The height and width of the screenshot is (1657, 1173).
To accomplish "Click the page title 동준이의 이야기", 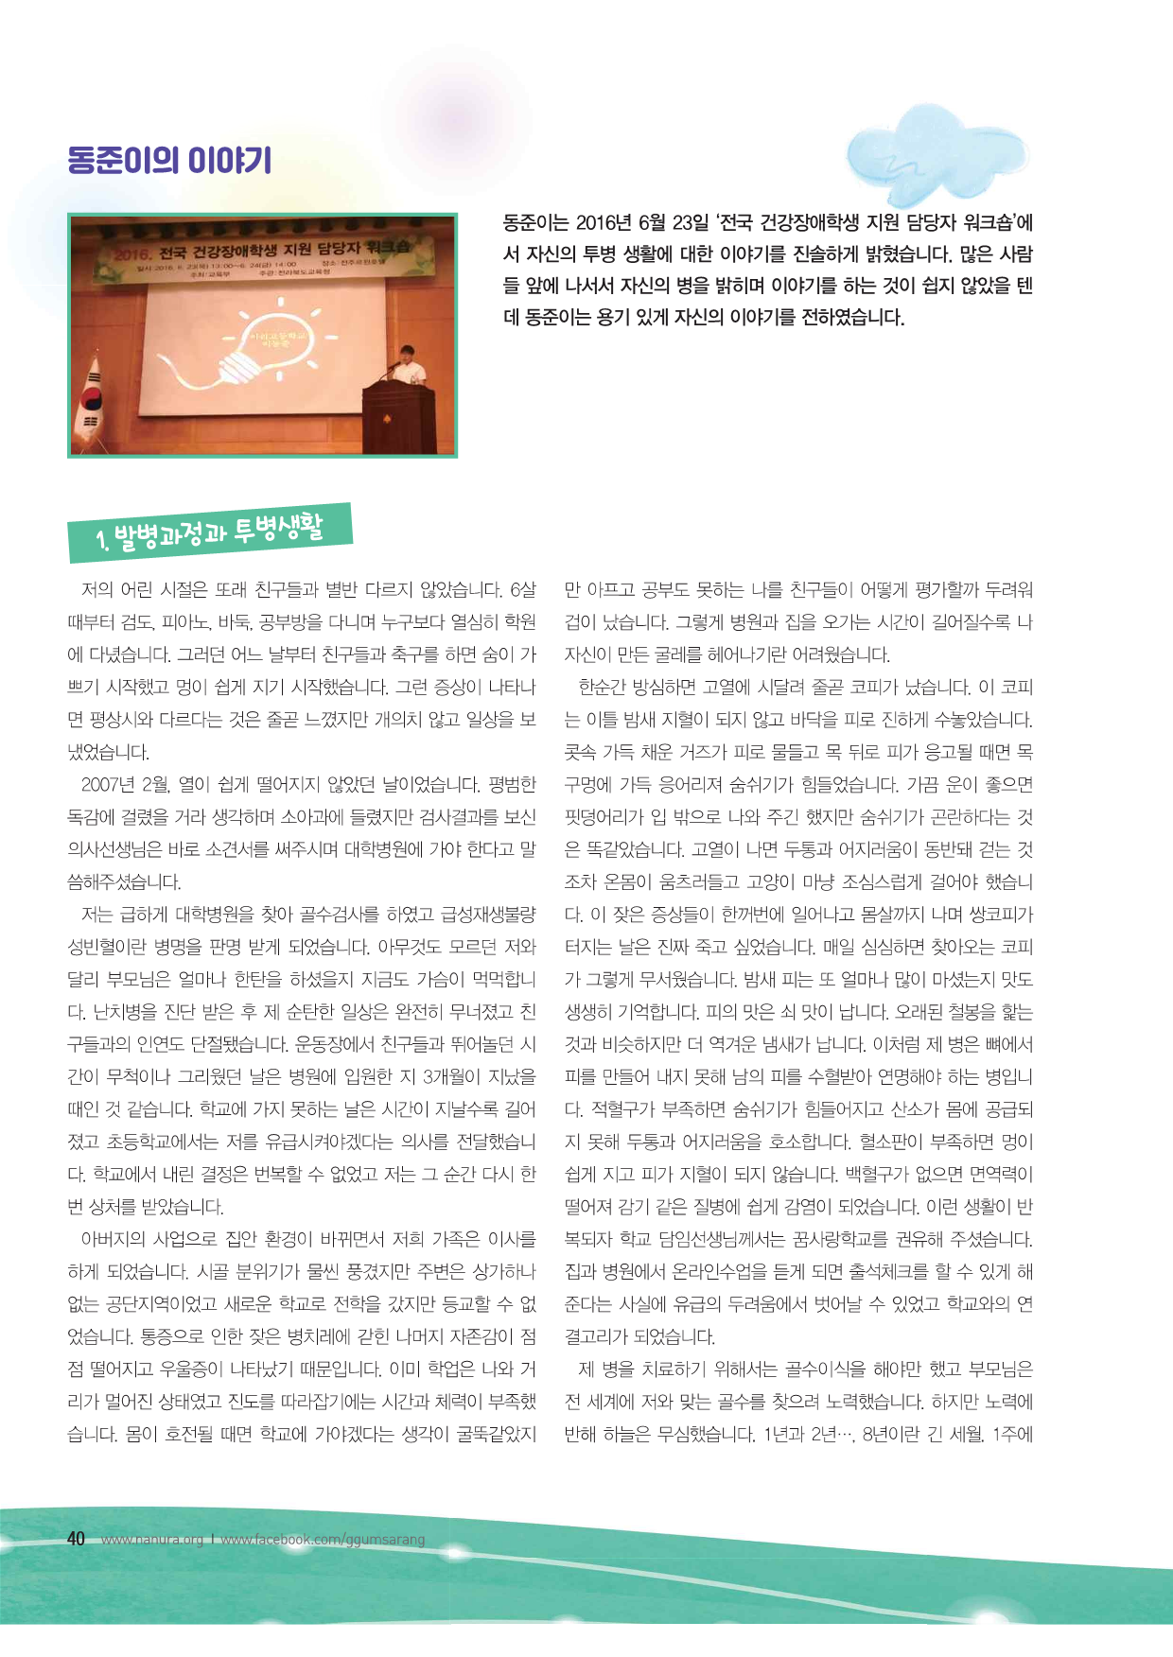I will click(x=169, y=160).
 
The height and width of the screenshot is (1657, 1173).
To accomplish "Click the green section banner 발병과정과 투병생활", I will click(x=210, y=532).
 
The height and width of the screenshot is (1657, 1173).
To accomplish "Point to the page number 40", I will click(x=76, y=1539).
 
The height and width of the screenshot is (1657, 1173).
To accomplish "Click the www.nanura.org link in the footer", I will click(x=152, y=1540).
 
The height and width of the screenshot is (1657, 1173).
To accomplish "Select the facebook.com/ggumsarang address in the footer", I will click(x=323, y=1540).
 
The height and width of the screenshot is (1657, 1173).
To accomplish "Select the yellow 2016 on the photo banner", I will click(x=131, y=254).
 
